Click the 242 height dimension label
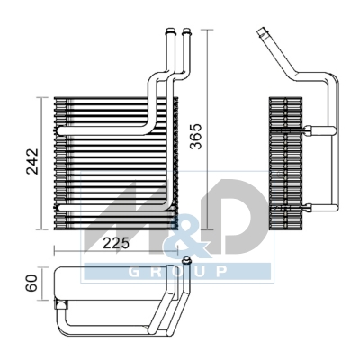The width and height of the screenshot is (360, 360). (x=32, y=160)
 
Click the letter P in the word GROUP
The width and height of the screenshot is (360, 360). (x=219, y=272)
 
